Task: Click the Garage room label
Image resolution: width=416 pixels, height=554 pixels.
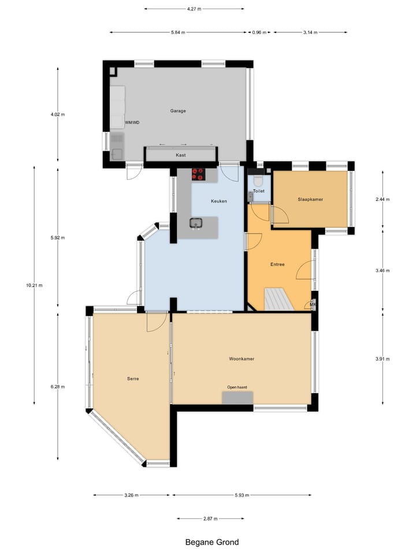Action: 177,111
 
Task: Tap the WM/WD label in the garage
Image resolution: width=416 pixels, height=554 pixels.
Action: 132,122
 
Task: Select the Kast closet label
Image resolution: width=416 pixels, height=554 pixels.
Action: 181,155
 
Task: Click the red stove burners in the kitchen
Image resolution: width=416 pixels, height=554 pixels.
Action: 198,174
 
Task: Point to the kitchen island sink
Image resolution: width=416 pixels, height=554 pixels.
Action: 196,223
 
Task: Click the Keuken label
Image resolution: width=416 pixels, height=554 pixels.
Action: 218,201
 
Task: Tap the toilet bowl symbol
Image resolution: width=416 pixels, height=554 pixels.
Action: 258,180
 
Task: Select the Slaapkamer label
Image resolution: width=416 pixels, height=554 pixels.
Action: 310,199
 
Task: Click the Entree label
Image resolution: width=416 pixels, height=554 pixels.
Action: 277,264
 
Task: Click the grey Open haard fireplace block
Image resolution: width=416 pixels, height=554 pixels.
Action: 237,398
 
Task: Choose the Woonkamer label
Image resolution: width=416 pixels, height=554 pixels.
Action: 242,358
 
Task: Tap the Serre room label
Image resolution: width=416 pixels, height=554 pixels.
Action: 133,379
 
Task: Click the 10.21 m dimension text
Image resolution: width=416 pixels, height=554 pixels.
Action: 34,285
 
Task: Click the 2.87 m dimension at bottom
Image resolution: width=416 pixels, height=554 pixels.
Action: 210,519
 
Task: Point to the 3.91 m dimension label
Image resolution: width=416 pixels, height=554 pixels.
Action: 382,358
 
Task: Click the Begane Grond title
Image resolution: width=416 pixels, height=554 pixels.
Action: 211,542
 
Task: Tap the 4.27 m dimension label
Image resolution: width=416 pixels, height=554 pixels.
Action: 194,9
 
